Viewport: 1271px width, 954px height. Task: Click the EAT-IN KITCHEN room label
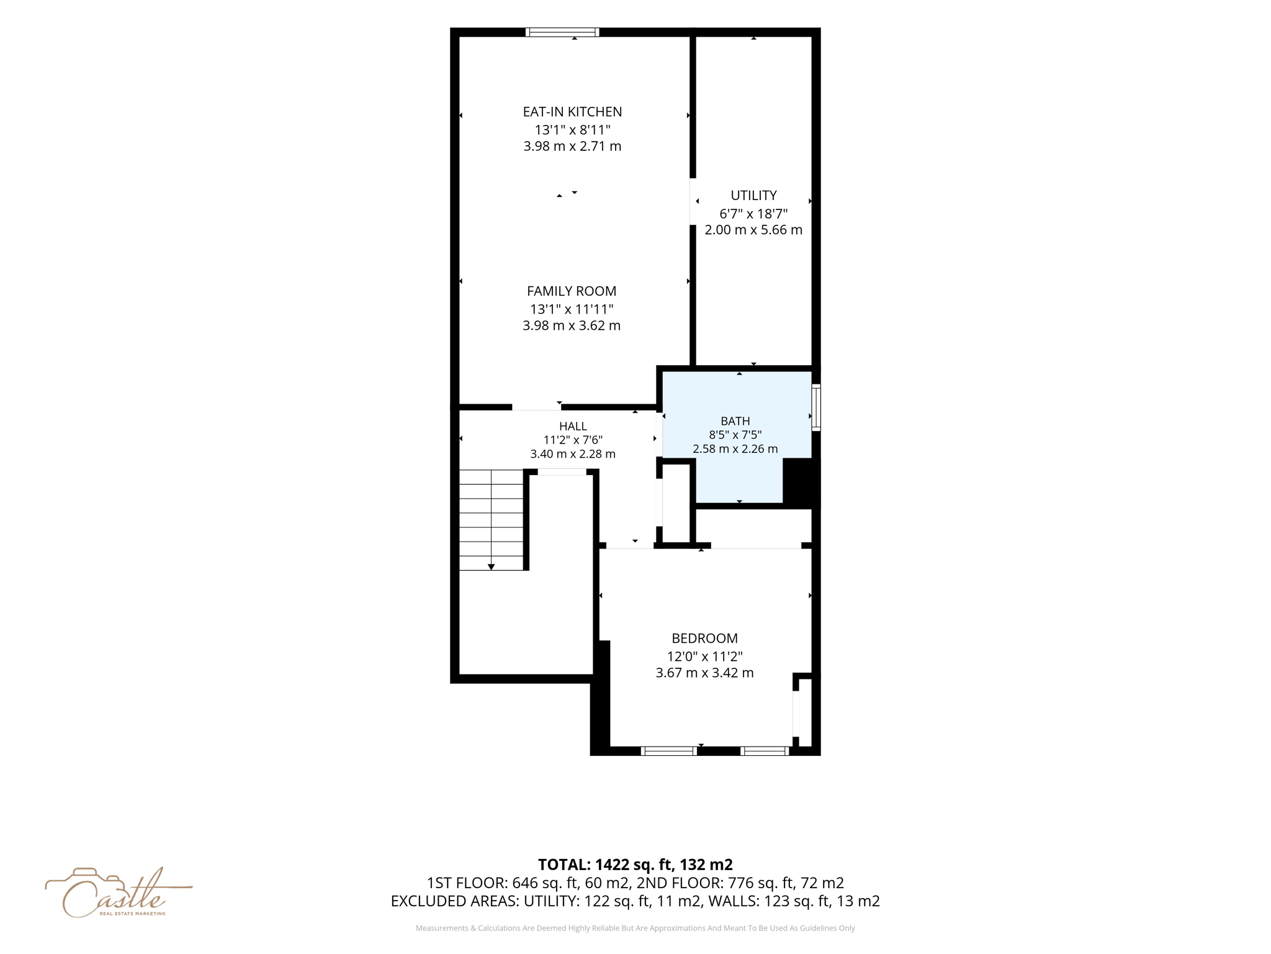[572, 112]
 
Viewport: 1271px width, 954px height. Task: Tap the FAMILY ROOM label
[572, 291]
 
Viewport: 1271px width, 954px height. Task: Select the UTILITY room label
[753, 195]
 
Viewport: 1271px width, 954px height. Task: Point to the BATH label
[735, 421]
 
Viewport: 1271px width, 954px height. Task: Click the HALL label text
[573, 426]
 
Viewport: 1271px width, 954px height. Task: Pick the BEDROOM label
[704, 638]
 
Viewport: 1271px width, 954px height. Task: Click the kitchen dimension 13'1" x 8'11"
[572, 130]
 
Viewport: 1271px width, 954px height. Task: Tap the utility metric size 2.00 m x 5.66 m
[753, 230]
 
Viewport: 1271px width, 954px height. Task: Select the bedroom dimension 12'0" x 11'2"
[704, 656]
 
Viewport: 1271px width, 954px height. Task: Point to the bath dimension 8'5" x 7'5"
[735, 435]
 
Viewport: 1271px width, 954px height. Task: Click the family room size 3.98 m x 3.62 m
[572, 325]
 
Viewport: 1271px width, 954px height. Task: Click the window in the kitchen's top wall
[562, 32]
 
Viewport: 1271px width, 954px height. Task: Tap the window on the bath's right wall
[816, 407]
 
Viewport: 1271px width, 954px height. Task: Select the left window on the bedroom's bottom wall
[669, 751]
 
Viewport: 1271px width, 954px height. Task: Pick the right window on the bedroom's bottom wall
[765, 751]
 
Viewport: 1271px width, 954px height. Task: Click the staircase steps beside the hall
[491, 520]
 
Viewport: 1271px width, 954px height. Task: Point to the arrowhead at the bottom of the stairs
[491, 567]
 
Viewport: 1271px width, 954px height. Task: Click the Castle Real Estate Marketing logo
[118, 893]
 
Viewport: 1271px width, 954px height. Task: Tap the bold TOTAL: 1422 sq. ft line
[635, 864]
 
